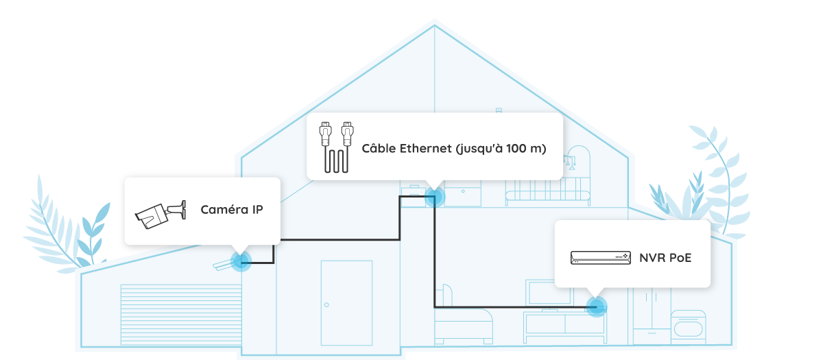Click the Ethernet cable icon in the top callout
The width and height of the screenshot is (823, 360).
335,147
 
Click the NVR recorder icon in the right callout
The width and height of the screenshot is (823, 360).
599,258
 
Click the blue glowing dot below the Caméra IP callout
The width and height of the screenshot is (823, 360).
240,260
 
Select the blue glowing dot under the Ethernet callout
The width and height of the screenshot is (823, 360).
434,197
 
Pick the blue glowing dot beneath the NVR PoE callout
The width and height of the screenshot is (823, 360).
597,306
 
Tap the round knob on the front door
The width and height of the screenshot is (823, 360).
327,304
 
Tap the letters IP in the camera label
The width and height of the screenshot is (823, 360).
256,209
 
